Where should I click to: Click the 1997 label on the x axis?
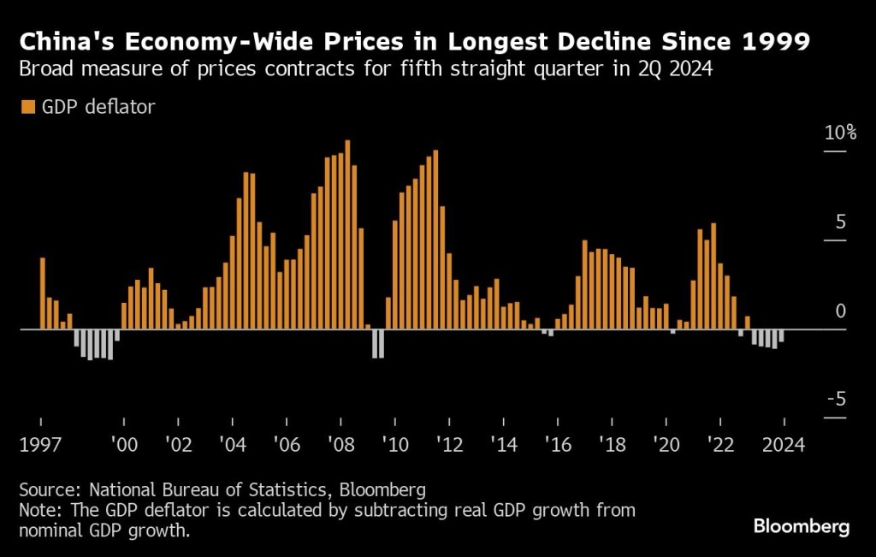point(40,445)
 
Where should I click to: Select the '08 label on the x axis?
point(340,445)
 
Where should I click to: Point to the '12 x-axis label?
point(449,445)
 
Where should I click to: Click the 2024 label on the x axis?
point(784,445)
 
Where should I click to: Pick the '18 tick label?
point(612,445)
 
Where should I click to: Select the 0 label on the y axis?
point(840,311)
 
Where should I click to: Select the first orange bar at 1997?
point(43,293)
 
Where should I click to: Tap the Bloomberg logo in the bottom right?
point(802,526)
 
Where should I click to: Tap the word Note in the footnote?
point(38,511)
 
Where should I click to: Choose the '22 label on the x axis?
point(720,445)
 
